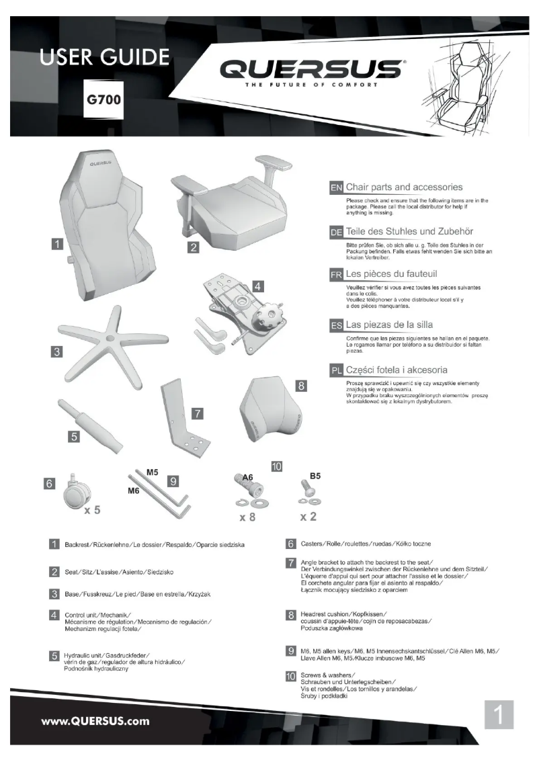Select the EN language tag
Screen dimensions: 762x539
(x=336, y=187)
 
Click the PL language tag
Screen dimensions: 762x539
(x=336, y=370)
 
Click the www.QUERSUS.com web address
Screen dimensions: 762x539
(x=95, y=722)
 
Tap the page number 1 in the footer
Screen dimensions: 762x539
(x=498, y=715)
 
